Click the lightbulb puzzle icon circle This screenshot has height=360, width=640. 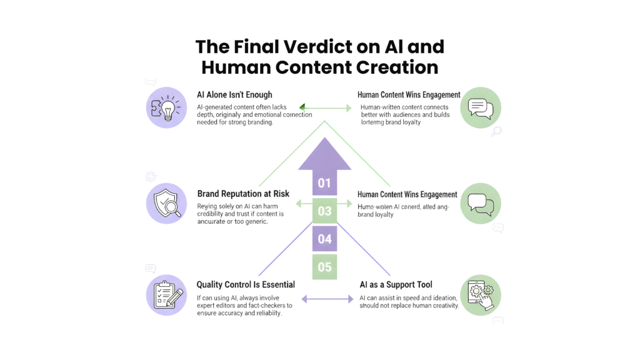(x=166, y=107)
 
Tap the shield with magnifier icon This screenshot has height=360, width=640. (x=166, y=203)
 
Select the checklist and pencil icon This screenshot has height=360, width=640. (x=166, y=294)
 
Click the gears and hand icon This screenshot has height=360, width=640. (x=480, y=294)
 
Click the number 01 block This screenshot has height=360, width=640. (x=324, y=183)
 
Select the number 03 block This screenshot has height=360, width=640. (x=324, y=211)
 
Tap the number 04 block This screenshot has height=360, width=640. (x=324, y=239)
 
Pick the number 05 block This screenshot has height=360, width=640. (x=324, y=267)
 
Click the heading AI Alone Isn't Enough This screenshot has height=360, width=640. (x=234, y=95)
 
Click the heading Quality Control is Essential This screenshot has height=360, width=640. (x=246, y=285)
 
